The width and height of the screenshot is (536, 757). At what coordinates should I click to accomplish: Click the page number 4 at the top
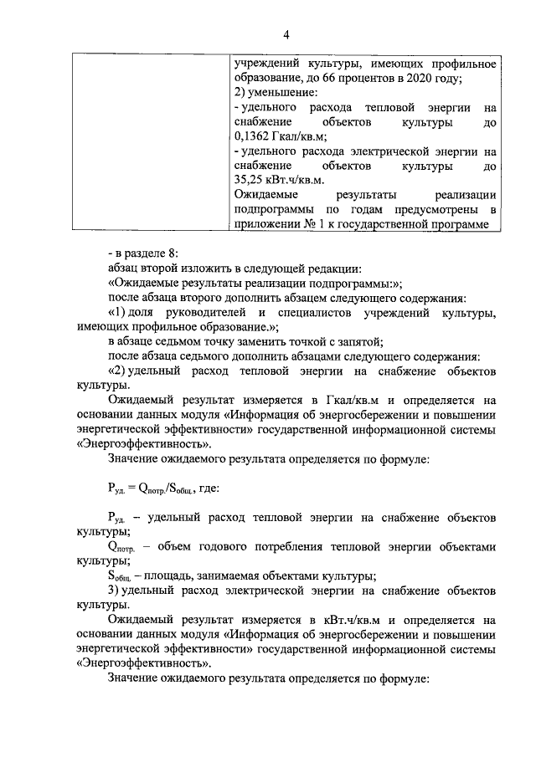286,34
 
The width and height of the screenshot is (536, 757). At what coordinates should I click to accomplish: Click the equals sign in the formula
139,490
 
